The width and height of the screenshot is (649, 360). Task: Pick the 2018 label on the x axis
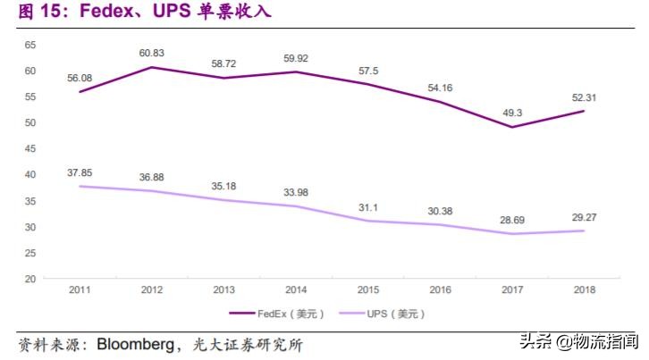point(583,290)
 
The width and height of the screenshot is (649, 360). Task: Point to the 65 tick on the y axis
point(29,45)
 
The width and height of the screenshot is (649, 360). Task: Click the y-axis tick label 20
point(29,279)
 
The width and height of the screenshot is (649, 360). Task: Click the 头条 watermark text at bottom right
point(535,341)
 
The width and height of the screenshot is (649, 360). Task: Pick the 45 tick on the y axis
point(29,148)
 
